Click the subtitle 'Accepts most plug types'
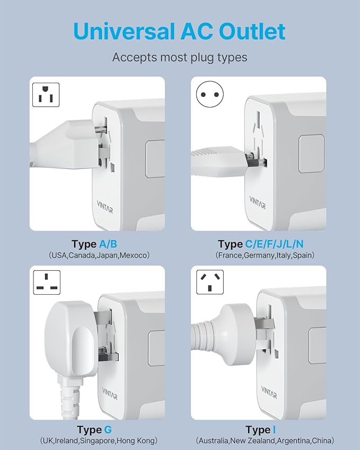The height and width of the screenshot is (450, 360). coord(180,57)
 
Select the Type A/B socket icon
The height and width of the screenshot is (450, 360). coord(46,96)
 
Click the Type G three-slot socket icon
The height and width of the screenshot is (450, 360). coord(46,283)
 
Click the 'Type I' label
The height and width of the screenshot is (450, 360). coord(260,429)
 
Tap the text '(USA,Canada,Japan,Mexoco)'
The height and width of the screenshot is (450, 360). coord(99,255)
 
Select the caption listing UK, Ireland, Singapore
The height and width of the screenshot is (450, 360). coord(99,441)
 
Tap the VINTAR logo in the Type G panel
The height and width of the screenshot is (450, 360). coord(110,396)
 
